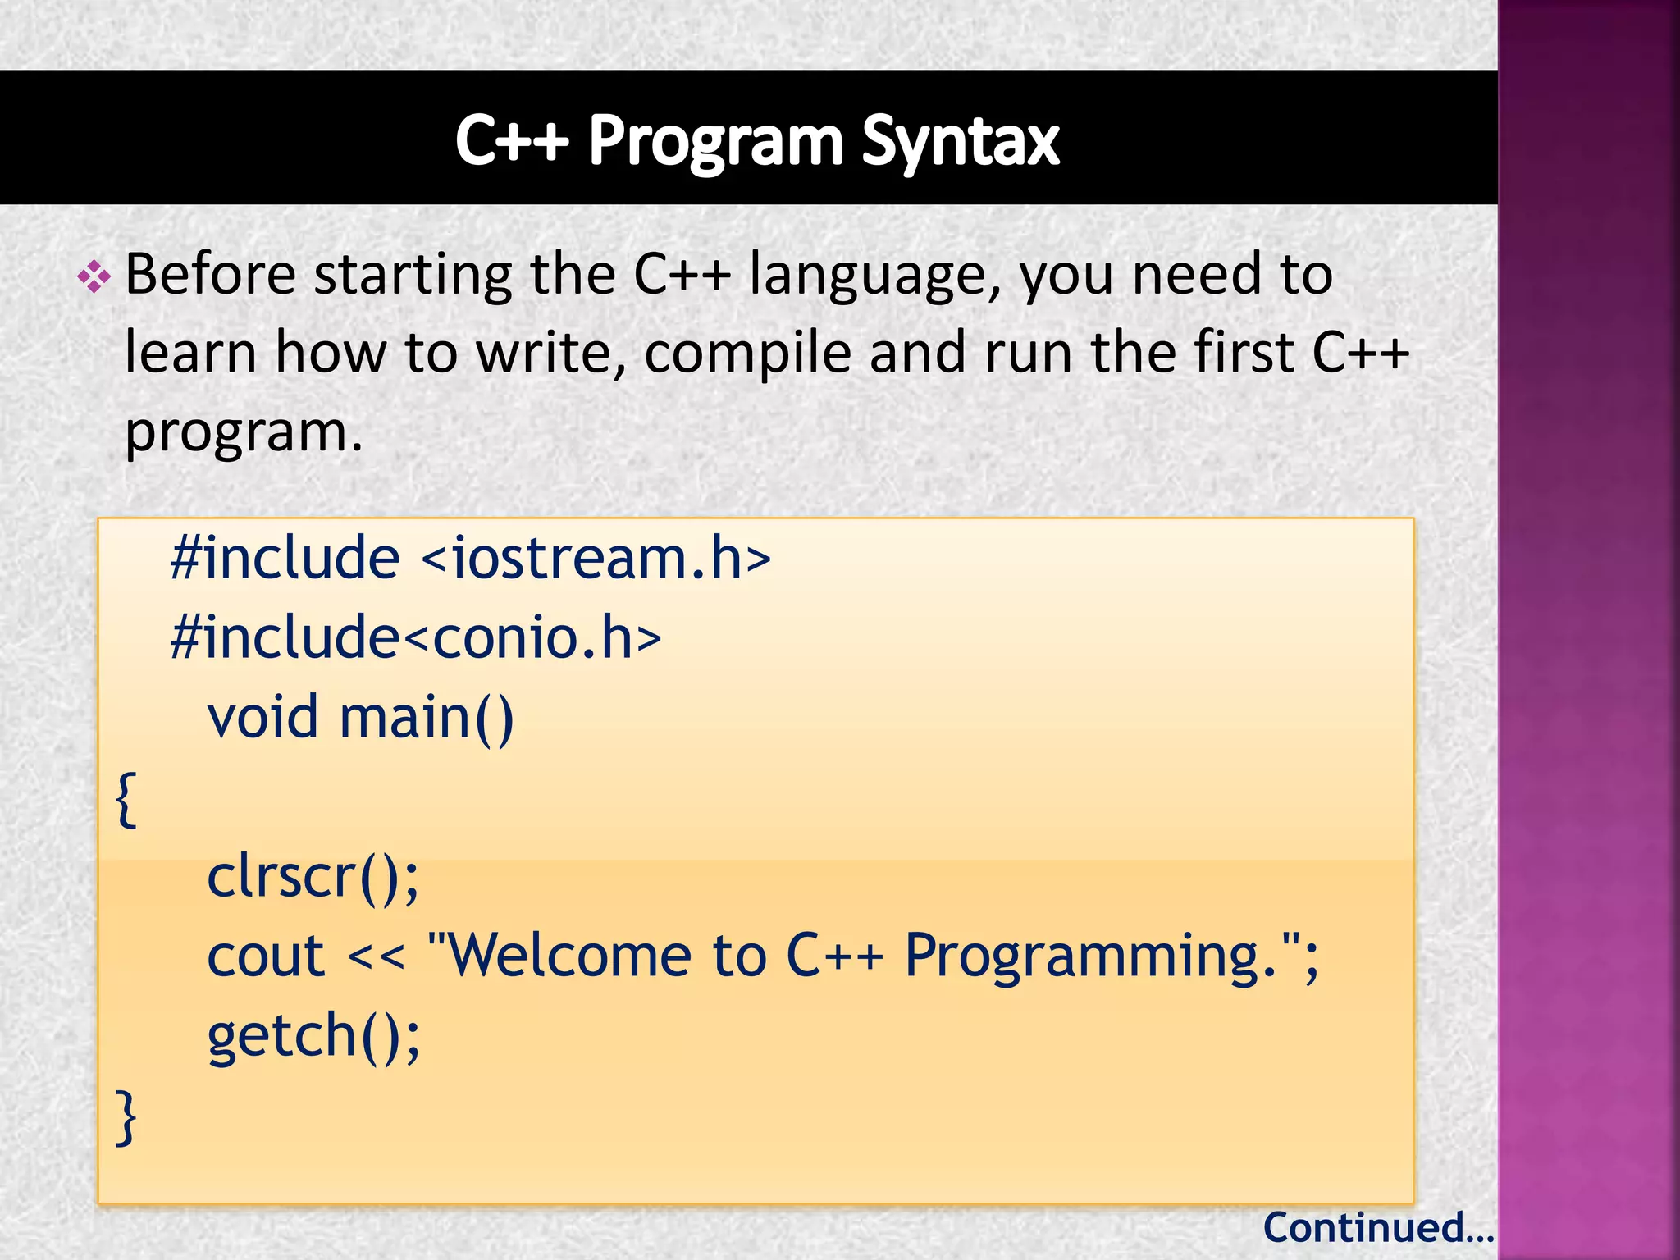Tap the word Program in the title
[x=716, y=142]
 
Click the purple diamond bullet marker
[x=94, y=277]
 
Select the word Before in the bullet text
[x=210, y=274]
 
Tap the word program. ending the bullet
[x=244, y=432]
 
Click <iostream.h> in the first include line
[x=596, y=559]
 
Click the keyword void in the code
[x=262, y=717]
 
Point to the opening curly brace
[x=126, y=799]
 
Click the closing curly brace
[x=126, y=1116]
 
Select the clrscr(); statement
[x=313, y=877]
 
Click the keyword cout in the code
[x=266, y=956]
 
